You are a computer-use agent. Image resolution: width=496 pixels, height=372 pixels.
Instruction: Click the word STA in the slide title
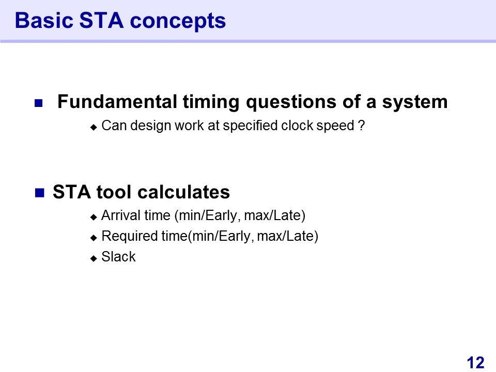pos(101,21)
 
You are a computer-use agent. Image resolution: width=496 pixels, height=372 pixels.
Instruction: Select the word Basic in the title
pos(44,21)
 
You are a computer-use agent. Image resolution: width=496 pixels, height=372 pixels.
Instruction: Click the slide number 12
pos(475,363)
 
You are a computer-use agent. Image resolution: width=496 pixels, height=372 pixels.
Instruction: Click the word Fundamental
pos(117,102)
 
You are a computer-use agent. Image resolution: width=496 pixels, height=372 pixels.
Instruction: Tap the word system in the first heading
pos(415,103)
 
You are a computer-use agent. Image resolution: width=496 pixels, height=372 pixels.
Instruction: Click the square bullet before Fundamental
pos(39,103)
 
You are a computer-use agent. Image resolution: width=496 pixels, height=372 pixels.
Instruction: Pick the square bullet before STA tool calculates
pos(40,193)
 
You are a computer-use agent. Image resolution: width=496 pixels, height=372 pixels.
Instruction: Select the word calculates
pos(184,192)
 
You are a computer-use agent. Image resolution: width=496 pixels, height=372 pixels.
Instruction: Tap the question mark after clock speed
pos(362,125)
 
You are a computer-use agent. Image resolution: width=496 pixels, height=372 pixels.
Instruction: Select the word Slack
pos(118,257)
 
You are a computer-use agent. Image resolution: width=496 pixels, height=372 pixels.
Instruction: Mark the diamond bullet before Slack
pos(94,258)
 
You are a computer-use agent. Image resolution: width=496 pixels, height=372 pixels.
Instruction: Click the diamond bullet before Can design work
pos(94,127)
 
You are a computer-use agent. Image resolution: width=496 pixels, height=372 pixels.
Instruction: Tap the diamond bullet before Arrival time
pos(94,217)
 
